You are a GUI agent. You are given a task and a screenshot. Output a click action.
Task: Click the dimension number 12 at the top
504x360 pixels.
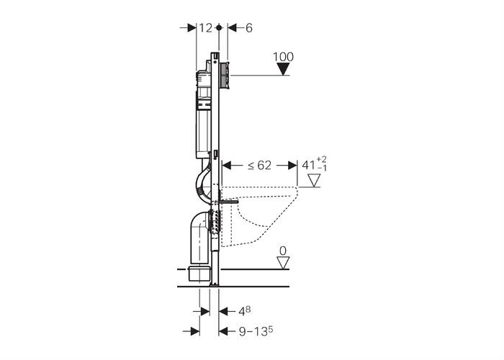(205, 28)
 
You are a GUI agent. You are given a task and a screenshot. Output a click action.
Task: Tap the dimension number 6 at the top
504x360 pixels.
(249, 28)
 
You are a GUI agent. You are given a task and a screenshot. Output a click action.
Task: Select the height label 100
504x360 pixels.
(283, 57)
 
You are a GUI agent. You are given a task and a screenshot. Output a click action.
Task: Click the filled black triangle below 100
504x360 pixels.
(283, 69)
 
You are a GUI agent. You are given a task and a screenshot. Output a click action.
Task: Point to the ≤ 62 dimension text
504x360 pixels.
(259, 166)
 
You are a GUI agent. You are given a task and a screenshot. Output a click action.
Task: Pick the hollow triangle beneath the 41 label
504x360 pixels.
(314, 180)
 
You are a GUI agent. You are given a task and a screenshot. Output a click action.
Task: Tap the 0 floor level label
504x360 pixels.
(283, 251)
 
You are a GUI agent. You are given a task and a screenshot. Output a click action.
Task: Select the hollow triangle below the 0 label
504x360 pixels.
(283, 263)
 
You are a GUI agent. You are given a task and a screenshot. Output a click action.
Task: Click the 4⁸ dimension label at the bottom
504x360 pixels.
(244, 311)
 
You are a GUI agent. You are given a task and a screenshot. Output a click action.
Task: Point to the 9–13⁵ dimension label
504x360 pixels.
(256, 331)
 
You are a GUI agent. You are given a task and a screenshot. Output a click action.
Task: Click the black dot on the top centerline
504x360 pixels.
(219, 28)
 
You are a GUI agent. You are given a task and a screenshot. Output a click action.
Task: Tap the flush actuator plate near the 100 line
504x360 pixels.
(225, 75)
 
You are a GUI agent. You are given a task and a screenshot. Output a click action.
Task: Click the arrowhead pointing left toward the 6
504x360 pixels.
(232, 28)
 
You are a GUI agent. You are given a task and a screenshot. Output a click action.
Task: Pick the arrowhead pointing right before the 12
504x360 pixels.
(192, 28)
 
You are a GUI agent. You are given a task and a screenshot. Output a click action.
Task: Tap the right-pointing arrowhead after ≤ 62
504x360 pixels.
(292, 166)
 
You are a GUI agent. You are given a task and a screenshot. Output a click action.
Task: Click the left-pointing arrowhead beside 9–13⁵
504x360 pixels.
(223, 331)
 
